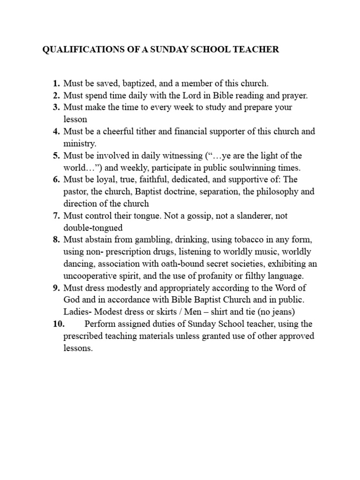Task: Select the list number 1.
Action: point(56,83)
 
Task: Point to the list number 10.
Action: point(58,324)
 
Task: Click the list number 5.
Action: point(56,156)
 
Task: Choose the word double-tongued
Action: point(93,228)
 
